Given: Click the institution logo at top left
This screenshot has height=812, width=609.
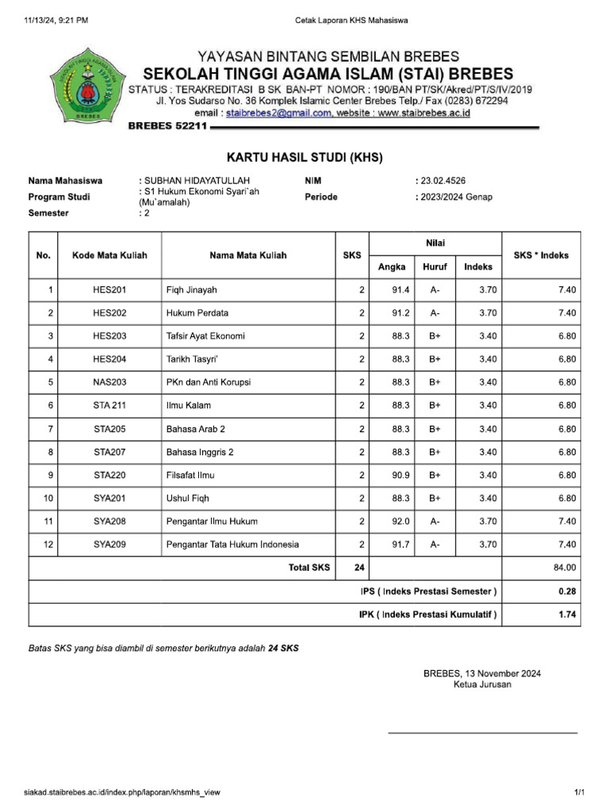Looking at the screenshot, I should [87, 86].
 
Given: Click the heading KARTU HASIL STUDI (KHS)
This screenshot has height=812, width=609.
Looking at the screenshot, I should [304, 157].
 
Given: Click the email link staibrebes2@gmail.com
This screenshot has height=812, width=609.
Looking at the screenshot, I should [278, 113].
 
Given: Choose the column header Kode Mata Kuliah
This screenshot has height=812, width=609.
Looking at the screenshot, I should [109, 255].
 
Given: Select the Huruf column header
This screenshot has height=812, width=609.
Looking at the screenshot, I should [435, 267].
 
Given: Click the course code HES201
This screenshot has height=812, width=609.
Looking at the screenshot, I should [109, 290].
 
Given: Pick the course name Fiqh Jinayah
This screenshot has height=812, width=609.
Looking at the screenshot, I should [191, 290].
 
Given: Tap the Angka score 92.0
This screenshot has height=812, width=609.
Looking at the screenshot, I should [400, 522].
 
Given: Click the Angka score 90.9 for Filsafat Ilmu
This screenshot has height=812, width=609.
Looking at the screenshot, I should [400, 475].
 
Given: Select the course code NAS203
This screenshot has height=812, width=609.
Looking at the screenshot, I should [109, 383].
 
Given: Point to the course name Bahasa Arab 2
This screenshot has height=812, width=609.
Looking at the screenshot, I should [196, 429].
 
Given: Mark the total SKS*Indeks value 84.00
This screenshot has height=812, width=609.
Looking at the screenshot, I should [565, 568].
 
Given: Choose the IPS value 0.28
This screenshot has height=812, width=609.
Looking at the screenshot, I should [567, 592].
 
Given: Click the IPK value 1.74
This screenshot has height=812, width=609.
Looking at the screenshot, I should [567, 615].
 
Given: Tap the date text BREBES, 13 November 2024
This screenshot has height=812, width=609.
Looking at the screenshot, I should [482, 673].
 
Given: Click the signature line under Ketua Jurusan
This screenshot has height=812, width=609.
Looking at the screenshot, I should [482, 732].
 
